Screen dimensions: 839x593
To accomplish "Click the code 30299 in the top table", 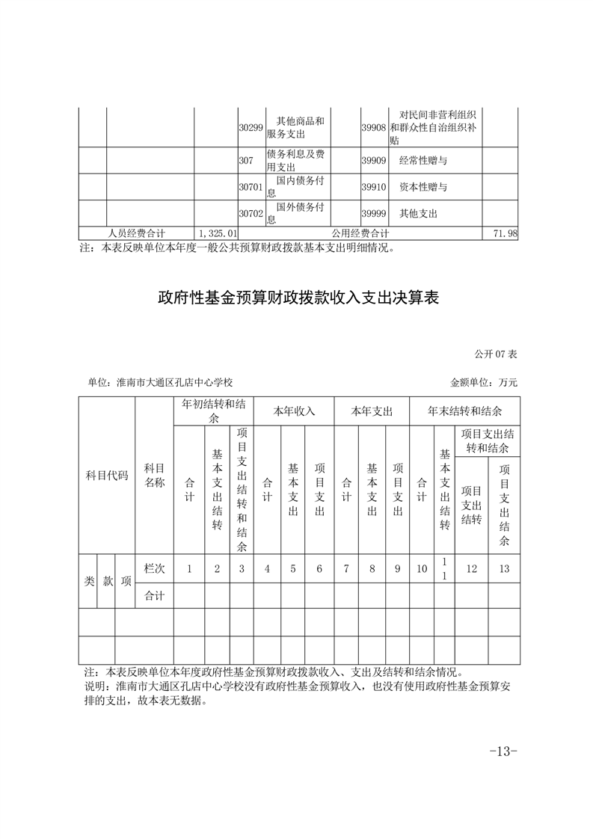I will tap(251, 128).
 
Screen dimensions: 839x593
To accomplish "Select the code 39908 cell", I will tap(373, 128).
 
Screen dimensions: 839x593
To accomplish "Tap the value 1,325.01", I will tap(216, 234).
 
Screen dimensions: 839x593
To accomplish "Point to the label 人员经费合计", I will tap(136, 234).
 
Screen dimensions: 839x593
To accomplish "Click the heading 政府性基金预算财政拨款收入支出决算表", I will tap(297, 298).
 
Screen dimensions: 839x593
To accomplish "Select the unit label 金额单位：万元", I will tap(484, 382).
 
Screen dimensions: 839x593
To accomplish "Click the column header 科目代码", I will tap(107, 476).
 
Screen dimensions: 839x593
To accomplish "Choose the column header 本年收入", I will tap(294, 411).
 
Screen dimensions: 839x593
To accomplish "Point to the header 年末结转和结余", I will tap(464, 411).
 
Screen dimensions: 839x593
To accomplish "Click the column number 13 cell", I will tap(504, 569).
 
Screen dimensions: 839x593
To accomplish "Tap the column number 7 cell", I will tap(346, 569).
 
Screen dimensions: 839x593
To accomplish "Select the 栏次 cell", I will tap(154, 568).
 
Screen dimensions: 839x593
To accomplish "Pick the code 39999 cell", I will tap(373, 214).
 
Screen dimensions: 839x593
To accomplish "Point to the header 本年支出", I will tap(372, 411).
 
